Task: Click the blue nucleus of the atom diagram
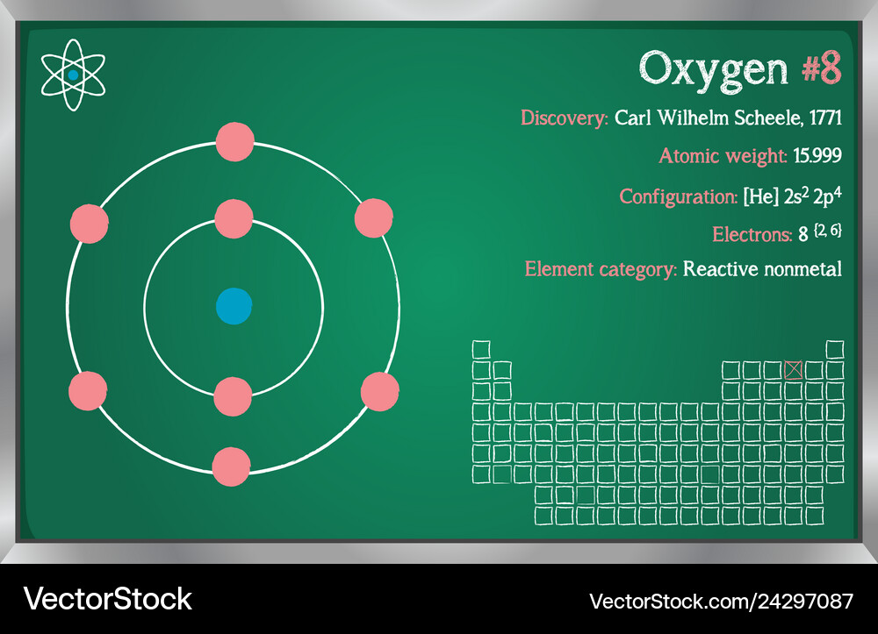coord(234,306)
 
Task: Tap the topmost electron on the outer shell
coord(235,142)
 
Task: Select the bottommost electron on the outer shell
coord(231,467)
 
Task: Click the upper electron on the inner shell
coord(234,219)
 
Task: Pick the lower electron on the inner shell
coord(233,397)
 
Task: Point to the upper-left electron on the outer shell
coord(90,224)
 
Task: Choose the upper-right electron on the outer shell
coord(374,218)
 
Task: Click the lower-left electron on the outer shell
coord(88,391)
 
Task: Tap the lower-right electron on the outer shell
coord(380,392)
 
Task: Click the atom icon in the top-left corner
coord(73,75)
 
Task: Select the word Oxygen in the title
coord(713,70)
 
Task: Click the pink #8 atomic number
coord(822,68)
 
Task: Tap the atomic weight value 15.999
coord(817,155)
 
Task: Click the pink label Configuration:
coord(679,197)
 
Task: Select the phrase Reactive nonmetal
coord(763,269)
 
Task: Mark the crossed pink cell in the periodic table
coord(794,370)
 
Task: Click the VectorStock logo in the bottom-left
coord(107,599)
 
